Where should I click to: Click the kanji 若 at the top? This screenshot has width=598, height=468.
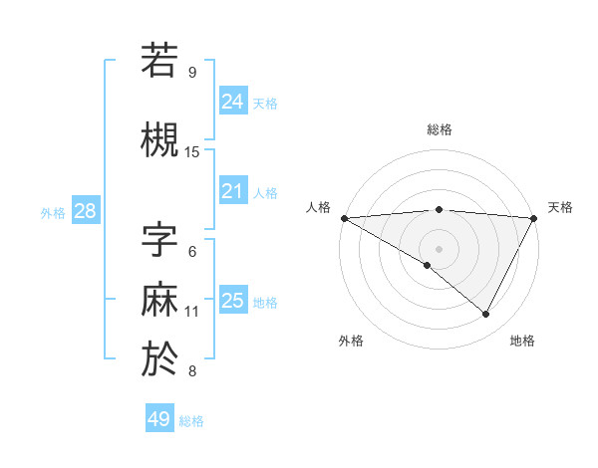(160, 60)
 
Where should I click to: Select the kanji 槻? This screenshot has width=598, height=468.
(160, 139)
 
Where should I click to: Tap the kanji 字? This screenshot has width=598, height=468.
(160, 242)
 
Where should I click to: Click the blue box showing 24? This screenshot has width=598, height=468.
(232, 101)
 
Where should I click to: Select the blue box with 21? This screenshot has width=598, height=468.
(232, 191)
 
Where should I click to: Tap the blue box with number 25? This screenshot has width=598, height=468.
(232, 301)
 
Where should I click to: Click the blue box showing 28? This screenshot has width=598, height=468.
(85, 211)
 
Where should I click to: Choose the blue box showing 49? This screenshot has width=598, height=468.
(158, 419)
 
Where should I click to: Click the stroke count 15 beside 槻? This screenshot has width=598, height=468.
(192, 152)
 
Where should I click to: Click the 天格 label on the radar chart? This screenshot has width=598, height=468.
(560, 207)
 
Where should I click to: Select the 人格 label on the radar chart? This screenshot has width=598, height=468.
(318, 207)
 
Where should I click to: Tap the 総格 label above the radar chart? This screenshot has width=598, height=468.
(439, 129)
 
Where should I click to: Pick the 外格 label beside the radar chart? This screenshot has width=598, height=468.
(351, 341)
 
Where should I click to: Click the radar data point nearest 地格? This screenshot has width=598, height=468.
(486, 315)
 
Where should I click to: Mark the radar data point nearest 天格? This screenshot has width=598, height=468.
(535, 218)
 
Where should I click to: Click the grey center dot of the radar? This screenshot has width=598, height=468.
(439, 248)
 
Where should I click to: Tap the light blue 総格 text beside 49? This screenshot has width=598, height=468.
(191, 421)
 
